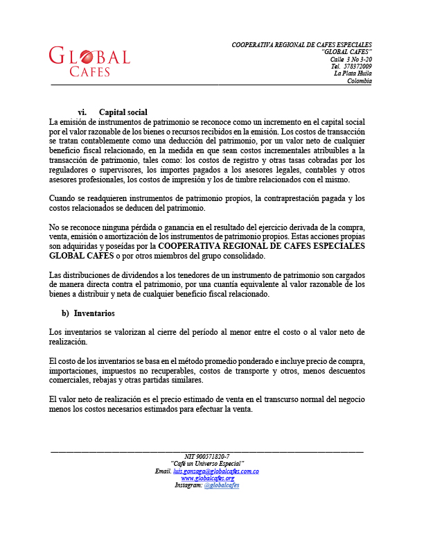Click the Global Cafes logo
click(x=89, y=61)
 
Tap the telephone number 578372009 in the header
click(x=357, y=67)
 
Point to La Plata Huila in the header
click(x=353, y=73)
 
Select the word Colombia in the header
click(x=360, y=81)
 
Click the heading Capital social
click(x=123, y=112)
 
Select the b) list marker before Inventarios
click(x=67, y=313)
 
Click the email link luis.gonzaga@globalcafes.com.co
click(x=215, y=471)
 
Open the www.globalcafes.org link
click(x=207, y=478)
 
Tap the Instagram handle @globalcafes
click(x=222, y=485)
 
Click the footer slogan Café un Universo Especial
click(x=207, y=464)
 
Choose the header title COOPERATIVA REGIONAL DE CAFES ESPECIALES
click(x=301, y=45)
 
